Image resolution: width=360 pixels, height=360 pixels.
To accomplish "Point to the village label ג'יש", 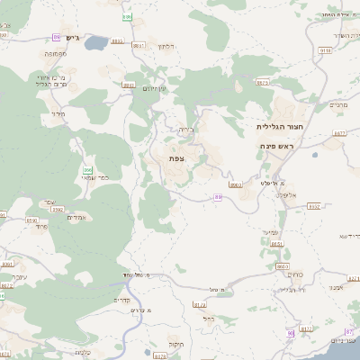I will tap(73, 38).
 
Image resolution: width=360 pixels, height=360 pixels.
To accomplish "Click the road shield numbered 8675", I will tap(263, 82).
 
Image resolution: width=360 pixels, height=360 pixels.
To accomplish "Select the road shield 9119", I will tap(325, 51).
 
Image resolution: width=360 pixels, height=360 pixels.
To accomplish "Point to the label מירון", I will tap(59, 114).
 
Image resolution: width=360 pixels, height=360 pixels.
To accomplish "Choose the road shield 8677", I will tap(338, 132).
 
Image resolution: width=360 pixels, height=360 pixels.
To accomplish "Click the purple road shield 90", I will tap(291, 333).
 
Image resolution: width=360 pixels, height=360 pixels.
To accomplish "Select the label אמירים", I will tap(76, 217).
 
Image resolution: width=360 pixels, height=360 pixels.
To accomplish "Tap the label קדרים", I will tap(122, 299).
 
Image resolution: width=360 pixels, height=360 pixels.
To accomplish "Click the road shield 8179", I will tap(199, 305).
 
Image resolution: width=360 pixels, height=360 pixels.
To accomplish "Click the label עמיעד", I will tap(269, 232).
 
